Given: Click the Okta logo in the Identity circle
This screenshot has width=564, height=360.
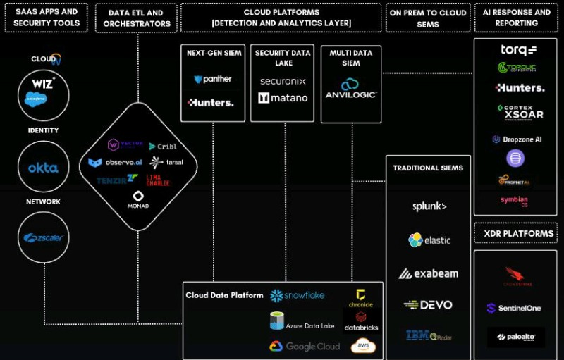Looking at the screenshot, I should (43, 168).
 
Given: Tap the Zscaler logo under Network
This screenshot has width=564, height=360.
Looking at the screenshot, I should (43, 237).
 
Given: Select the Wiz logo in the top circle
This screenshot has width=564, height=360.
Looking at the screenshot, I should (43, 84).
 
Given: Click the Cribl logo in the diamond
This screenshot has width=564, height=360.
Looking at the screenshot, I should (163, 147).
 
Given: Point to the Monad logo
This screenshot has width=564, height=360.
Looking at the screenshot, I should (138, 200).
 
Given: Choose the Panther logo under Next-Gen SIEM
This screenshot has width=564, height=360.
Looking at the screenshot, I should (212, 80).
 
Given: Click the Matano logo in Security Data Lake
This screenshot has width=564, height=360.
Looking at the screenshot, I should (283, 99).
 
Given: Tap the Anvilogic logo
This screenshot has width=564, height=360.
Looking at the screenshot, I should (350, 89).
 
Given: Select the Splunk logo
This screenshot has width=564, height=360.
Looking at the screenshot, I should (429, 206).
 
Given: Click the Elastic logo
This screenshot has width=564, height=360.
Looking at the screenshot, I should (429, 240).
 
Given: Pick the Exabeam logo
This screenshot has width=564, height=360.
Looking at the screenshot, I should (428, 273).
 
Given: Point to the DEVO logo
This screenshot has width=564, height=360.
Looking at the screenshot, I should (428, 305).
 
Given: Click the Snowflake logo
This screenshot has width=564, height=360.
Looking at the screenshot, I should (297, 295).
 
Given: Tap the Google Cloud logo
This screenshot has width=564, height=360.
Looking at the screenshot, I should (304, 347).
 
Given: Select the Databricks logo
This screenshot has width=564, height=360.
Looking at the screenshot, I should (361, 323).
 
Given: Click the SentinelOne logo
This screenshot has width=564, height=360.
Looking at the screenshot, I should (515, 309).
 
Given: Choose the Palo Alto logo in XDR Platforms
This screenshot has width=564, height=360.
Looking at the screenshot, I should (515, 337).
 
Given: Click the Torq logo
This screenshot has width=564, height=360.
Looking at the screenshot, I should (518, 50).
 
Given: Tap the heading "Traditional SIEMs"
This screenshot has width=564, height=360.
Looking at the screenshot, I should (428, 168).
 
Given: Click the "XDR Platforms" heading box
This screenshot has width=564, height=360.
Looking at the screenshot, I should (515, 233).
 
